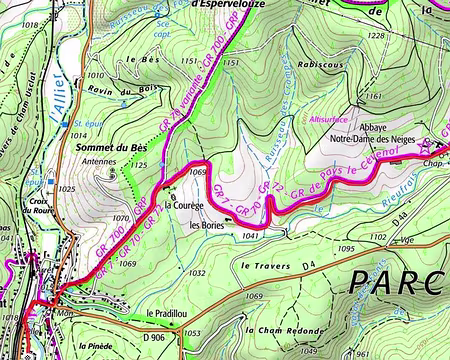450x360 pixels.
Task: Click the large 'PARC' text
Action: point(397,283)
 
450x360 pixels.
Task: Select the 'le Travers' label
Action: point(264,267)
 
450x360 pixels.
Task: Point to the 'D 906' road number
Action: point(153,338)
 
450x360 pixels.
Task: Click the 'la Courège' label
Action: point(184,206)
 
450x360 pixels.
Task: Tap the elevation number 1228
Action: point(376,36)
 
